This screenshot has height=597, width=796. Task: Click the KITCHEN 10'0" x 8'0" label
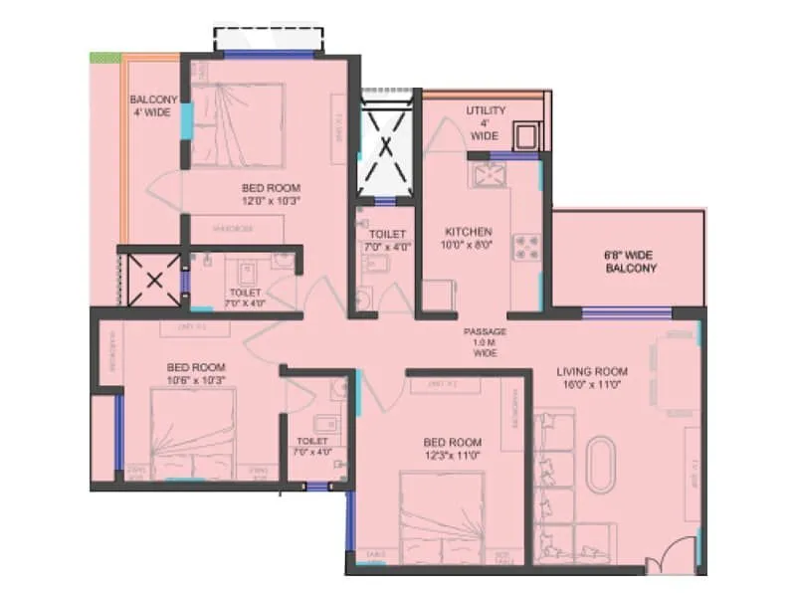[x=468, y=238]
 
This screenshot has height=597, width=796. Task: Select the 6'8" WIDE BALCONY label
[x=629, y=262]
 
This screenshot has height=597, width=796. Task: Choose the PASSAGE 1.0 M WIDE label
[x=486, y=341]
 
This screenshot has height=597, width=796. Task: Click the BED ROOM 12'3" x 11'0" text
[x=452, y=449]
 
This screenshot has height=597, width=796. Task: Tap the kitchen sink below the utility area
[x=490, y=176]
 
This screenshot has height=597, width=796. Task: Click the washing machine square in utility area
[x=524, y=135]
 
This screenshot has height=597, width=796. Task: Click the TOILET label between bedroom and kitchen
[x=376, y=240]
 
